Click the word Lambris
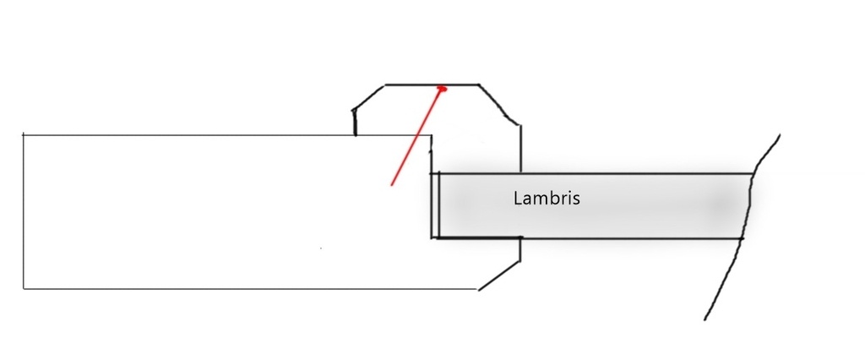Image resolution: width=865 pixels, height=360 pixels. pyautogui.click(x=547, y=199)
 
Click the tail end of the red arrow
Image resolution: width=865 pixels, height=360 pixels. pyautogui.click(x=391, y=185)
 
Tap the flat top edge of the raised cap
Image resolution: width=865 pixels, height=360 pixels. pyautogui.click(x=432, y=85)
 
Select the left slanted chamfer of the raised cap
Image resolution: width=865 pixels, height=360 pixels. pyautogui.click(x=369, y=98)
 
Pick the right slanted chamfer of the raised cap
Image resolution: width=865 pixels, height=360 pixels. pyautogui.click(x=499, y=105)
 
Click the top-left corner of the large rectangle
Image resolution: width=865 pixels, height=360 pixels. pyautogui.click(x=23, y=134)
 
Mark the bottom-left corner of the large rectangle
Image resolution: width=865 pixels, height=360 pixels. pyautogui.click(x=23, y=288)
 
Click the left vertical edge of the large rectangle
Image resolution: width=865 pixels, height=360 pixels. pyautogui.click(x=23, y=211)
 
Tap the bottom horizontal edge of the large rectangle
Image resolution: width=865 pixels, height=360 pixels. pyautogui.click(x=250, y=289)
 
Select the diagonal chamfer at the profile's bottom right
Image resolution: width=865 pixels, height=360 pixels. pyautogui.click(x=499, y=275)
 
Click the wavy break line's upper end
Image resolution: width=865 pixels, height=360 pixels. pyautogui.click(x=779, y=134)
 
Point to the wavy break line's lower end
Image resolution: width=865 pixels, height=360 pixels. pyautogui.click(x=705, y=319)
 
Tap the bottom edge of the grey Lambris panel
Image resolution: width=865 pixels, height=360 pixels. pyautogui.click(x=587, y=238)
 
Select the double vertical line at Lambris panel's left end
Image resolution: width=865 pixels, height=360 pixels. pyautogui.click(x=435, y=205)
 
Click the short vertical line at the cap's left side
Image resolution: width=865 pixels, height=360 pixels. pyautogui.click(x=355, y=123)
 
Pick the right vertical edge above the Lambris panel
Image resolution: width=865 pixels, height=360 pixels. pyautogui.click(x=520, y=149)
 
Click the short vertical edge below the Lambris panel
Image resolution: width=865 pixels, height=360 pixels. pyautogui.click(x=520, y=249)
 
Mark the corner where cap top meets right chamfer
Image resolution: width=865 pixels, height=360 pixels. pyautogui.click(x=479, y=85)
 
